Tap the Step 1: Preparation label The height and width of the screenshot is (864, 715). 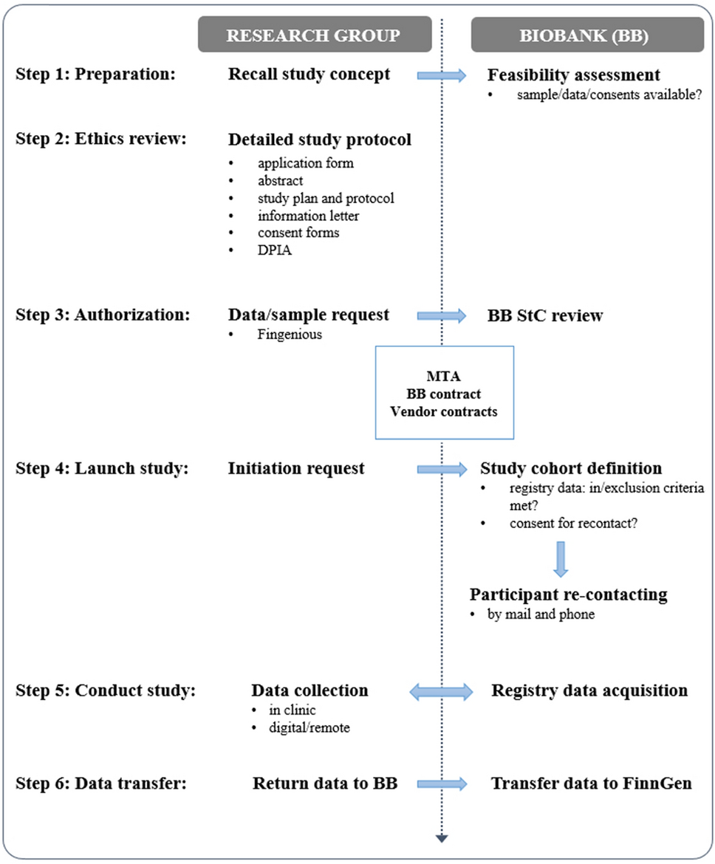tap(95, 75)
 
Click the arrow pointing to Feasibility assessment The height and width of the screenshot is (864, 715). tap(442, 75)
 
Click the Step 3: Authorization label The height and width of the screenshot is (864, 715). tap(102, 315)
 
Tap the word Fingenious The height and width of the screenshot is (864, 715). tap(289, 334)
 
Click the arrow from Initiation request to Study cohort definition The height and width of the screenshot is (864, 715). tap(442, 468)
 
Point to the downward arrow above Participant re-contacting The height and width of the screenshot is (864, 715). tap(561, 559)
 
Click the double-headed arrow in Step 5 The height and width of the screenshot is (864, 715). tap(442, 690)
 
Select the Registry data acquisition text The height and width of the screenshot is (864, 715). tap(589, 690)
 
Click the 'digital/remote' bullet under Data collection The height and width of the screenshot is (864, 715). tap(309, 728)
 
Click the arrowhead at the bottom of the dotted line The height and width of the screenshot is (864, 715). tap(442, 837)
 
